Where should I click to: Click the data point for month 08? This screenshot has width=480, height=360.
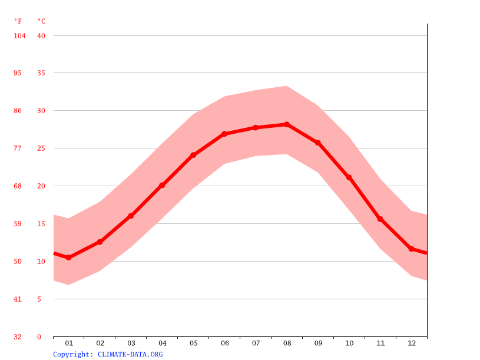(x=287, y=124)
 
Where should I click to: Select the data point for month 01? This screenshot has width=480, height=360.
(x=69, y=257)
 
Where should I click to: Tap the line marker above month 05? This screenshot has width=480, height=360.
(x=193, y=155)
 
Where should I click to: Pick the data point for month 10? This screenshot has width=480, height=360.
(x=349, y=177)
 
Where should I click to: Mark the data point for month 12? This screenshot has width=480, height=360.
(x=412, y=249)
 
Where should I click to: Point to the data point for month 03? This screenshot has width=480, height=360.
(x=131, y=216)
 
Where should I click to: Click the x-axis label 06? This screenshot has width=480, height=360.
(x=224, y=343)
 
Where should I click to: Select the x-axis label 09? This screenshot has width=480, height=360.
(x=318, y=343)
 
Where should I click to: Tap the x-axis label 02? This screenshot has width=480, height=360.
(x=100, y=343)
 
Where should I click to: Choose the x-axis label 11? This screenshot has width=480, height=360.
(x=380, y=343)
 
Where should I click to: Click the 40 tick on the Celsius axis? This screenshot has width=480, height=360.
(x=41, y=36)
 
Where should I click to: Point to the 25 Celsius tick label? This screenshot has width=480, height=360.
(x=41, y=148)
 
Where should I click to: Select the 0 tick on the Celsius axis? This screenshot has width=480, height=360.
(x=39, y=337)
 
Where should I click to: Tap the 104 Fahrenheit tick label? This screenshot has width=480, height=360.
(x=19, y=36)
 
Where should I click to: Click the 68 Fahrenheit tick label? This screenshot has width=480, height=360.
(x=18, y=186)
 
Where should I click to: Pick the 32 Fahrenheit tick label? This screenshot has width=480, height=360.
(x=18, y=337)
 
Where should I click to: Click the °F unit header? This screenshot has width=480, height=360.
(x=18, y=21)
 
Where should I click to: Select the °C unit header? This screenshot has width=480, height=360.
(x=41, y=21)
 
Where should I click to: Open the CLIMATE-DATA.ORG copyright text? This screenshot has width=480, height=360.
(x=108, y=354)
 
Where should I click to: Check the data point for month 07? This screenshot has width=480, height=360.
(x=256, y=127)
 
